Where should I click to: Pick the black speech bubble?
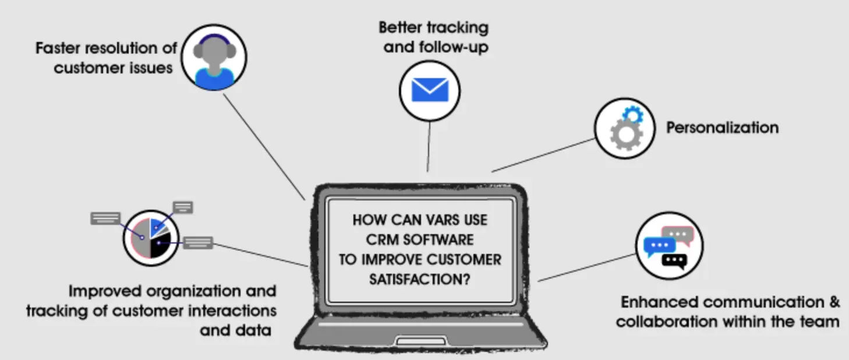[675, 260]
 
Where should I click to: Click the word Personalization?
[722, 128]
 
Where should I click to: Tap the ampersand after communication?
[834, 302]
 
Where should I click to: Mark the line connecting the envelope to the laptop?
[429, 146]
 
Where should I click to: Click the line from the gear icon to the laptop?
[542, 155]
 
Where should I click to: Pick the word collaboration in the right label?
[669, 321]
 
